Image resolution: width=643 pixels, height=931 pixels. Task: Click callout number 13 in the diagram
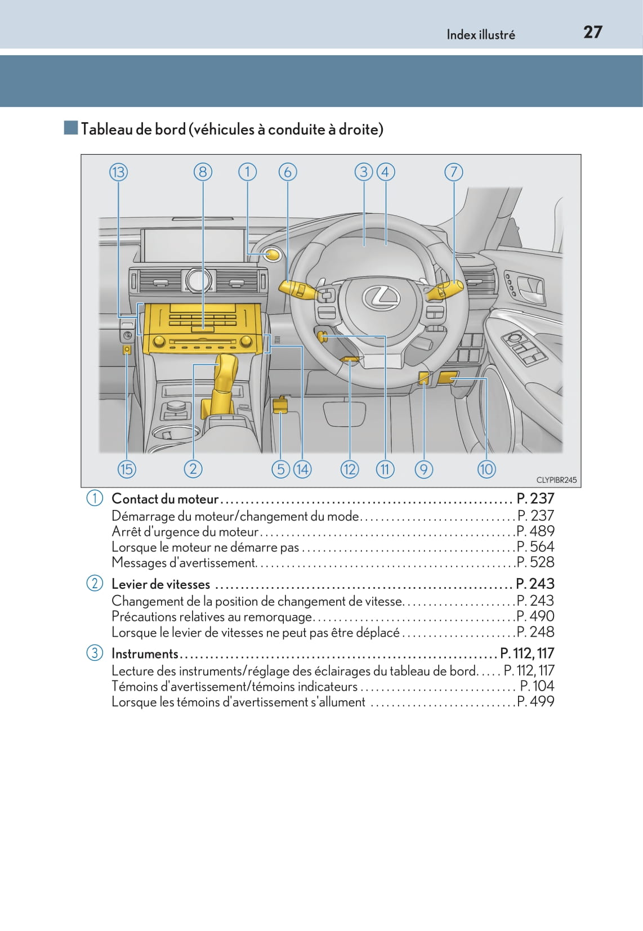click(x=118, y=172)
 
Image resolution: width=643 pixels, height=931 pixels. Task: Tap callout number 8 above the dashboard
click(x=203, y=172)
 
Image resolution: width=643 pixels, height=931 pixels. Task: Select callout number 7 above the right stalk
click(x=454, y=172)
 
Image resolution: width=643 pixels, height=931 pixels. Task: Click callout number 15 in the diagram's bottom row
click(x=127, y=469)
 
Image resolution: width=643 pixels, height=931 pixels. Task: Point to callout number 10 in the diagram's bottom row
click(x=486, y=469)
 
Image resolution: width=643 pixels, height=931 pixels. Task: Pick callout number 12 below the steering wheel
click(x=350, y=469)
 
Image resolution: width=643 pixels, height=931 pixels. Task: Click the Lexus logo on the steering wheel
click(x=381, y=297)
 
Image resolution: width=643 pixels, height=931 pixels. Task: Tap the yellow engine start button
click(x=273, y=255)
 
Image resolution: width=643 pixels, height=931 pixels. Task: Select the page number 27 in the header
click(x=592, y=32)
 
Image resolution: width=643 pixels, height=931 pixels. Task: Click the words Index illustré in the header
click(x=480, y=35)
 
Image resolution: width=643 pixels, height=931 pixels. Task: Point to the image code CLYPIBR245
click(x=556, y=480)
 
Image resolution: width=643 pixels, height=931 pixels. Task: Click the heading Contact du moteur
click(x=165, y=499)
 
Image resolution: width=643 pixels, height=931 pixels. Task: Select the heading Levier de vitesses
click(x=160, y=584)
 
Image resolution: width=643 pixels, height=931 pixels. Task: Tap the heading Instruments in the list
click(x=145, y=654)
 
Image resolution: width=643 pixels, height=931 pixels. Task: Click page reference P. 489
click(x=535, y=531)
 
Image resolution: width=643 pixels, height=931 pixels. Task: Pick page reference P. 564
click(x=535, y=547)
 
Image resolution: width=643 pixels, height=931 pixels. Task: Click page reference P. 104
click(x=537, y=686)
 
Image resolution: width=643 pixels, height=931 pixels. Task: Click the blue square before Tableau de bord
click(x=70, y=128)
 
